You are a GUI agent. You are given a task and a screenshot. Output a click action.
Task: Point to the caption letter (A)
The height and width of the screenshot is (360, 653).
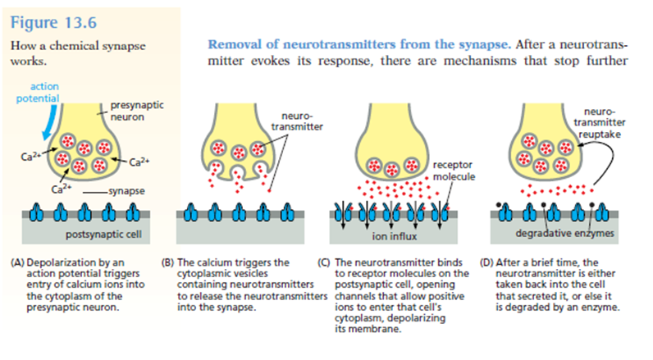pos(17,263)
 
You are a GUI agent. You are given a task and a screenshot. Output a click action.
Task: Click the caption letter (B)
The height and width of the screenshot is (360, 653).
pos(169,263)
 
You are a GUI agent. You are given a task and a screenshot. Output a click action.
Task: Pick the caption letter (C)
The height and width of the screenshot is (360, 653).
pos(323,263)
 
